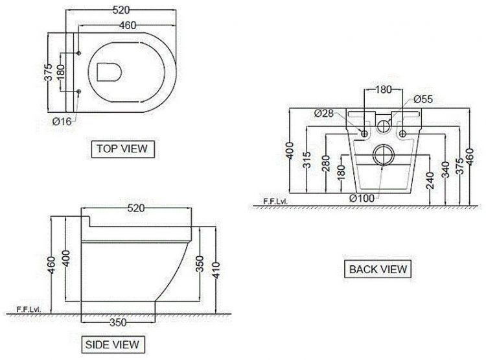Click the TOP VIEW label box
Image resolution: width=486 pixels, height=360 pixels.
click(122, 149)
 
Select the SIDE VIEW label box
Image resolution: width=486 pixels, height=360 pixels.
click(113, 344)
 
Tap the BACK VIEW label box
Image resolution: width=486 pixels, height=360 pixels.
click(378, 269)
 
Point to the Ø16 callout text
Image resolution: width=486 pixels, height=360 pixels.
click(62, 121)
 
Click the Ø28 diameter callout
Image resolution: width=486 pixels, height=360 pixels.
click(323, 113)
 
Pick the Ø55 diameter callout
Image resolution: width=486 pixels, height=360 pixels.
click(423, 99)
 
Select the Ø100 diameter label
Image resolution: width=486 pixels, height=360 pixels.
click(362, 198)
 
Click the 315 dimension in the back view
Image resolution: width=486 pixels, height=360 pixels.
click(307, 160)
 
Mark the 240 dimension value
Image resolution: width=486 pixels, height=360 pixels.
click(430, 180)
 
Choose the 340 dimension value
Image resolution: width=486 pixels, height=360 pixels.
click(445, 170)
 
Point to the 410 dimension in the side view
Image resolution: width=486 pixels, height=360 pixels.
click(216, 270)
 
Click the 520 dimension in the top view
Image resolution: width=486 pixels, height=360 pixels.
click(121, 10)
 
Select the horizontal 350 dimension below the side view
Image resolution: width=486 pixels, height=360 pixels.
click(118, 322)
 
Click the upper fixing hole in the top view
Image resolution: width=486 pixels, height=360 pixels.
click(78, 53)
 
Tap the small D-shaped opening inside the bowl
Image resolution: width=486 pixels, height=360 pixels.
click(109, 72)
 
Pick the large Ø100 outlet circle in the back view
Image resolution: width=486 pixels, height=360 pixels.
click(384, 155)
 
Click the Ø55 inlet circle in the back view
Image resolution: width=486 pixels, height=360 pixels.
click(384, 126)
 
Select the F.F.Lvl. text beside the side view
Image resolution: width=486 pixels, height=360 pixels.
click(29, 309)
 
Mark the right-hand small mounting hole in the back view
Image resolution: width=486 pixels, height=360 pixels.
click(402, 134)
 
